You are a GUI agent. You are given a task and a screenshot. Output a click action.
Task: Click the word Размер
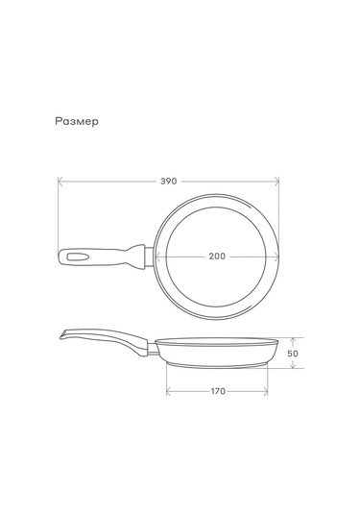78,122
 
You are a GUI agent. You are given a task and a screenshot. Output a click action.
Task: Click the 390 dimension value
168,182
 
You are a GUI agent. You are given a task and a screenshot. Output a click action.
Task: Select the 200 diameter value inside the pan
217,257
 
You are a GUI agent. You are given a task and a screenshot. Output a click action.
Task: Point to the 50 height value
293,353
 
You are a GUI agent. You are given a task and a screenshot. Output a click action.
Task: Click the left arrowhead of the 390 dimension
60,182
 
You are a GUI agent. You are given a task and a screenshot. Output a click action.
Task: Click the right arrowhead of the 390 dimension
277,182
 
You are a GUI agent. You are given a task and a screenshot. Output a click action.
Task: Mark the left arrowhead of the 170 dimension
168,391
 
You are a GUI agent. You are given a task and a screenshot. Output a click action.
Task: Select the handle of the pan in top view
101,257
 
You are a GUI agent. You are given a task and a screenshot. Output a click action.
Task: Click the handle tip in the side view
62,332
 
